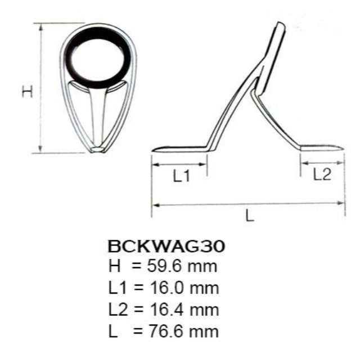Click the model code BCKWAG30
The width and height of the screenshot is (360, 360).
[166, 247]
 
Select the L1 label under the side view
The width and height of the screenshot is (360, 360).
[182, 177]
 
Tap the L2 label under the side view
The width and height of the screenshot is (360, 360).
[321, 175]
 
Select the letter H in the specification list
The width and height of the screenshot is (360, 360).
[115, 265]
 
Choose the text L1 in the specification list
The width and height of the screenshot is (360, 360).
[118, 287]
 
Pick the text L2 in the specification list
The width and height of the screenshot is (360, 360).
[118, 309]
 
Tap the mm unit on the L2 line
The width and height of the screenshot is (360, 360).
[205, 309]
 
